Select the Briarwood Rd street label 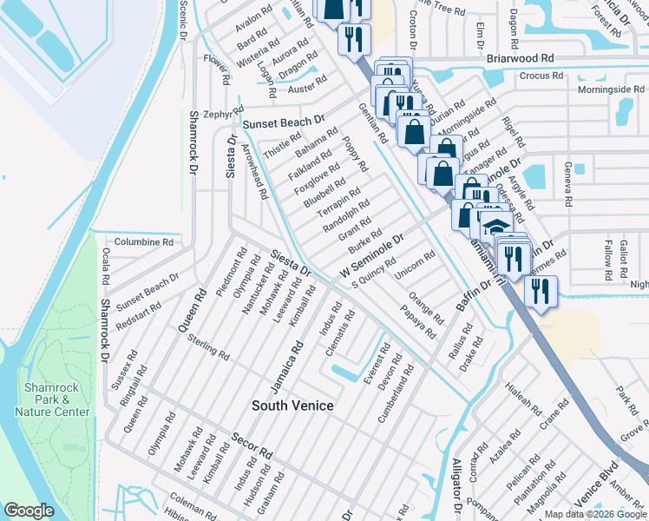click(520, 57)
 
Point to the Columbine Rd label click(143, 242)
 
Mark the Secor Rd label click(252, 445)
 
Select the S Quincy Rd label click(373, 272)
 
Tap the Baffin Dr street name click(474, 293)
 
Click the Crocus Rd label click(541, 76)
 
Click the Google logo click(29, 511)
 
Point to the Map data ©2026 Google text click(595, 514)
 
